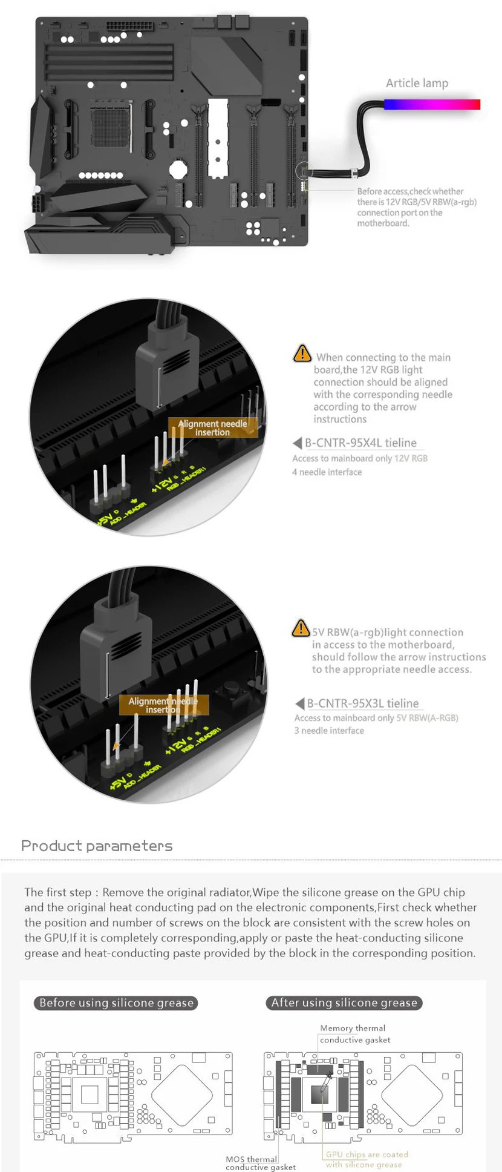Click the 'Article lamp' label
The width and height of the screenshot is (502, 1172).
[x=417, y=83]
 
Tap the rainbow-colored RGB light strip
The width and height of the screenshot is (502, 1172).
[x=432, y=105]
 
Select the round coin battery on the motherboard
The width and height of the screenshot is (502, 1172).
[x=177, y=168]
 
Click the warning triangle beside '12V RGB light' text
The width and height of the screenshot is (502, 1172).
[x=302, y=354]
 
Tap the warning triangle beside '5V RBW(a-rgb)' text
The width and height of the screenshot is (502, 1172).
[x=301, y=628]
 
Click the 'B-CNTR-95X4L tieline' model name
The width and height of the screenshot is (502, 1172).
[x=360, y=443]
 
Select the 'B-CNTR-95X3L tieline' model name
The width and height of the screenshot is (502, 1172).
[x=362, y=703]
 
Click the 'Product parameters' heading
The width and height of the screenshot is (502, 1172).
[x=97, y=846]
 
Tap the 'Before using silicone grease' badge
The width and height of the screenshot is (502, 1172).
[x=116, y=1002]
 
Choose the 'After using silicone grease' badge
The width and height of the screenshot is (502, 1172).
[x=344, y=1002]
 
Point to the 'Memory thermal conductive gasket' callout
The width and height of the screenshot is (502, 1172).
[x=355, y=1034]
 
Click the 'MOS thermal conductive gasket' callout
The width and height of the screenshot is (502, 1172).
[x=261, y=1163]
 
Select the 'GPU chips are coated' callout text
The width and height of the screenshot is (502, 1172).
[x=367, y=1154]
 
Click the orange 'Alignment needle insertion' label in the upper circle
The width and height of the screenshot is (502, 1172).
[x=212, y=428]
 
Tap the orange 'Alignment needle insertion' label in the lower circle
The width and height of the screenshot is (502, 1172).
[x=163, y=705]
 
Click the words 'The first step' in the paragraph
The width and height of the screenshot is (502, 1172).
[x=58, y=892]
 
